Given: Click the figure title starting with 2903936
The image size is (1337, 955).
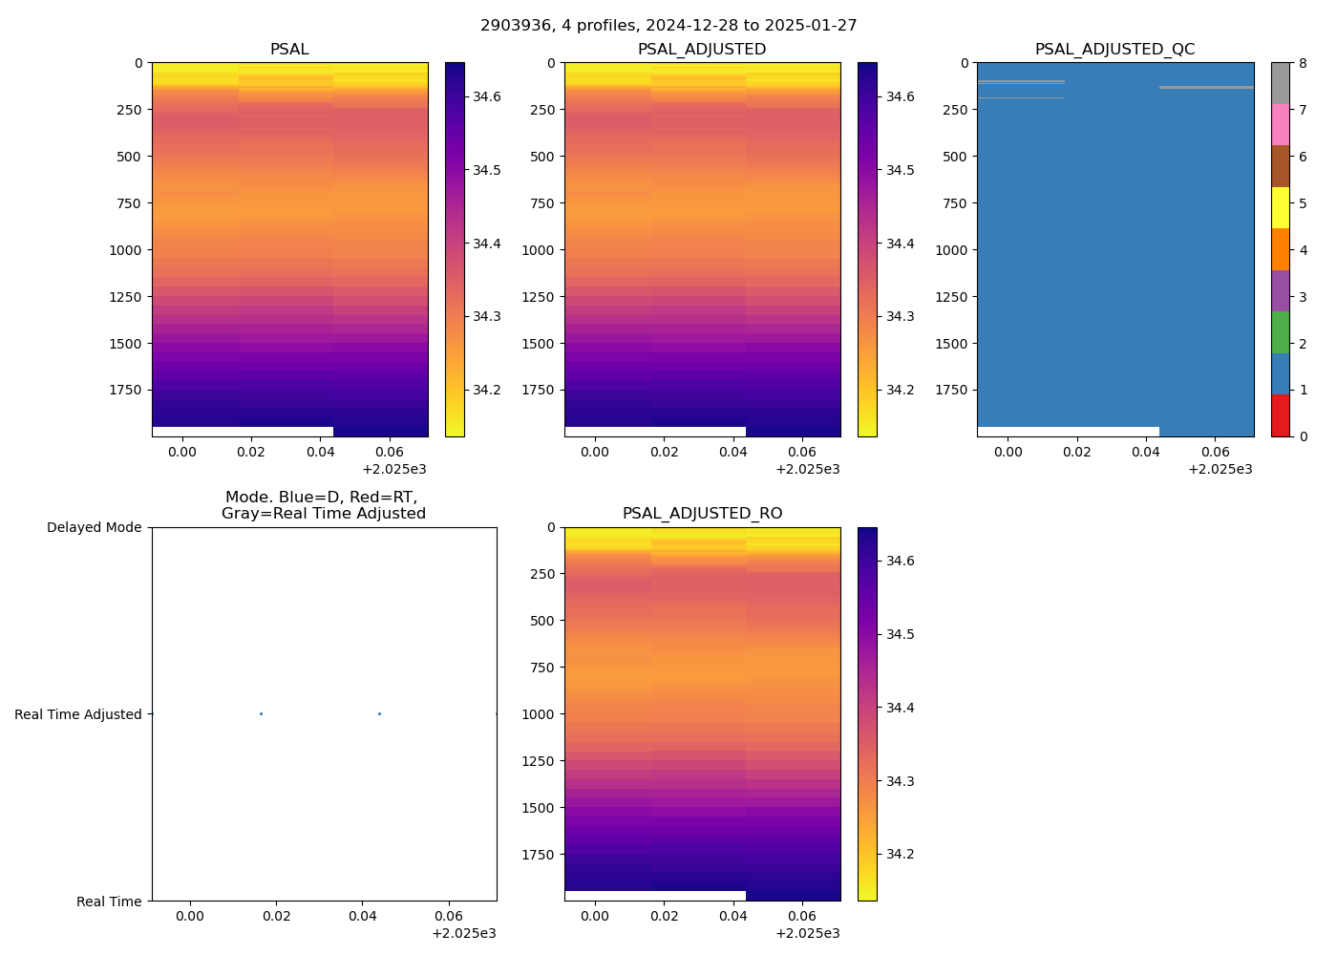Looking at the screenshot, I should [x=668, y=26].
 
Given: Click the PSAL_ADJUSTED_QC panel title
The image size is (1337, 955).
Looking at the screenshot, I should [x=1114, y=50].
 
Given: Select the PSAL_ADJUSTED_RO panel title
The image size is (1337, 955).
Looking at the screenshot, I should [x=702, y=514].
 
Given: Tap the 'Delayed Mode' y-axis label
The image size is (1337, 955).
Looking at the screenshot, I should [x=94, y=527].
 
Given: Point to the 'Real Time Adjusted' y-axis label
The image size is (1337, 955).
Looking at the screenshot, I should [x=78, y=714].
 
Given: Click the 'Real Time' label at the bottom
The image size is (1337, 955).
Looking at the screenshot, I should [x=109, y=902].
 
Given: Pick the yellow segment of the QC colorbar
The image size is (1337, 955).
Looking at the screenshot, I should [x=1280, y=207].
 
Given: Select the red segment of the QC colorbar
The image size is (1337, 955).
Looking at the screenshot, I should [x=1280, y=415].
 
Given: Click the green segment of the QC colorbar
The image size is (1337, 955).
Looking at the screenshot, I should [x=1280, y=332].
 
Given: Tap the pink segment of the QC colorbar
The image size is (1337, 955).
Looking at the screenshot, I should [x=1280, y=124].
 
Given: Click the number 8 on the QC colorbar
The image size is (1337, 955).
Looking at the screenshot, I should [x=1303, y=63].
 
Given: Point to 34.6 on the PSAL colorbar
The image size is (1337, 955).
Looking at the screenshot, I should [x=487, y=96].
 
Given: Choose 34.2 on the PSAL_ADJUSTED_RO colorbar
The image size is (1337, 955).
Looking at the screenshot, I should [x=900, y=854].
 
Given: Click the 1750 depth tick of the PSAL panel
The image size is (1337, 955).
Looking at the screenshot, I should [x=125, y=390].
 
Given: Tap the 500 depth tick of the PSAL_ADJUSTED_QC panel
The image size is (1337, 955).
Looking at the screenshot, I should [x=957, y=157].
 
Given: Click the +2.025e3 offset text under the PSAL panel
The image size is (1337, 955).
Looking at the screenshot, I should [x=394, y=469].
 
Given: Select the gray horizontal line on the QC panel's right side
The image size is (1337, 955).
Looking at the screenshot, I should [x=1206, y=88].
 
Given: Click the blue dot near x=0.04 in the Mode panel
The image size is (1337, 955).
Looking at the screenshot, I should [x=379, y=714].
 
